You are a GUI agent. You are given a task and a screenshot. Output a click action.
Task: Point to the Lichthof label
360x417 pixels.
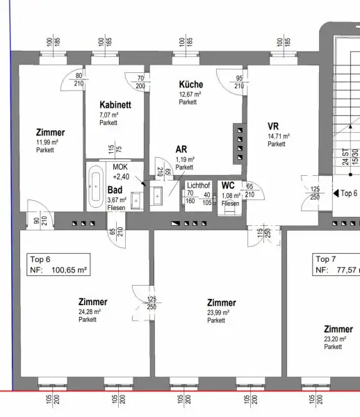tap(199, 186)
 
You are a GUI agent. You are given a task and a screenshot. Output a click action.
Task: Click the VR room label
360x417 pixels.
tap(273, 126)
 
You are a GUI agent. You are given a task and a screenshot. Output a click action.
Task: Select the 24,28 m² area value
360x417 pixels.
tap(90, 311)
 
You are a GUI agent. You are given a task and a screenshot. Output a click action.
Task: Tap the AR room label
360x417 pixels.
tap(181, 149)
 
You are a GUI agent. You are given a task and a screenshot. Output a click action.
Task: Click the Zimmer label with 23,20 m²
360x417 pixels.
tap(337, 329)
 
